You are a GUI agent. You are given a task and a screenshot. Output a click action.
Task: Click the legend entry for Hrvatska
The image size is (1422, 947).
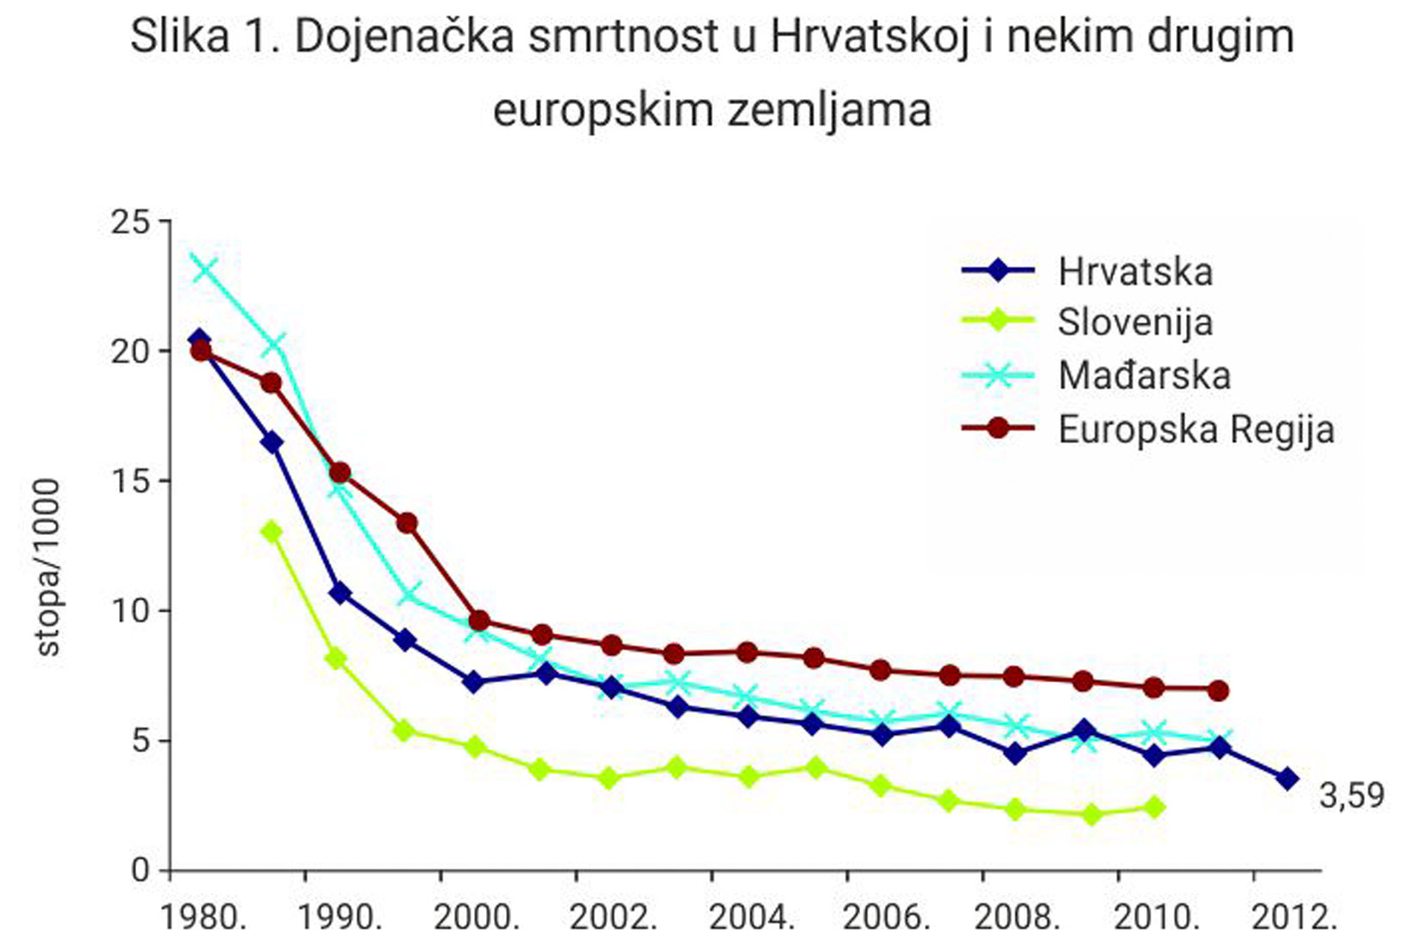point(1134,271)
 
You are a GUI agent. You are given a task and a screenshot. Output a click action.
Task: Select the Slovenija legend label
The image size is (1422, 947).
point(1134,322)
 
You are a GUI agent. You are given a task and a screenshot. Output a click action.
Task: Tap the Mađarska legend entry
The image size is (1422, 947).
point(1144,375)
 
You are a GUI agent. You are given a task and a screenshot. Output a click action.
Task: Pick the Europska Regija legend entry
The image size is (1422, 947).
point(1195,429)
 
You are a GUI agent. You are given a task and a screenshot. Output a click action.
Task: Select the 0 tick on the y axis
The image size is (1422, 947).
point(140,870)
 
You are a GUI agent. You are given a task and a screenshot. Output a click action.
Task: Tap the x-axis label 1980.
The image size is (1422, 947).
point(203,918)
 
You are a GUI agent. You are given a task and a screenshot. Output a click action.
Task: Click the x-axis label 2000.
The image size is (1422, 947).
point(476,918)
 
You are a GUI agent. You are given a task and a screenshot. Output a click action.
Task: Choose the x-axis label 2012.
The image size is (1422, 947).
point(1294,918)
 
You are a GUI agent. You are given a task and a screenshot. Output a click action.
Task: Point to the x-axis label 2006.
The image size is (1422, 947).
point(886,918)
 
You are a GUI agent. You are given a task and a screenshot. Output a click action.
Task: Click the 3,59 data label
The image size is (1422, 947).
point(1351,794)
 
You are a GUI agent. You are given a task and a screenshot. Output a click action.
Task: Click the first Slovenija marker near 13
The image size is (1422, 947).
point(271,532)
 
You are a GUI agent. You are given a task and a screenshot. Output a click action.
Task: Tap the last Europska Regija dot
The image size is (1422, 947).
point(1218,690)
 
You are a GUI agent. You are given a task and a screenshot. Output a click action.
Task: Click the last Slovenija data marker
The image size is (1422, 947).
point(1156,807)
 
